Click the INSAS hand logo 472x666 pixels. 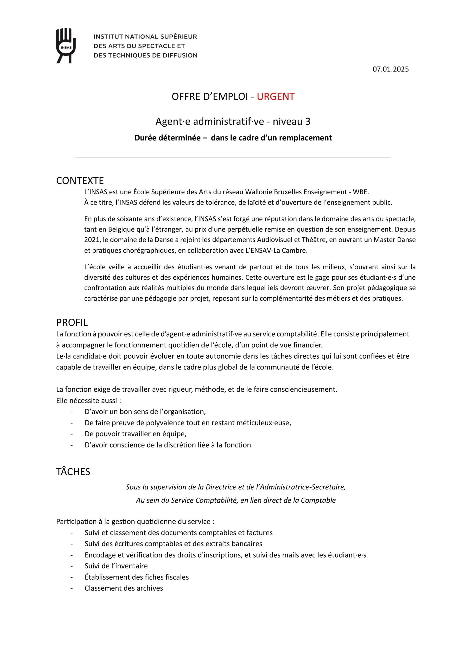[x=66, y=45]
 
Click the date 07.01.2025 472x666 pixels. [x=390, y=69]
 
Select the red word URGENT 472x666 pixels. [x=276, y=97]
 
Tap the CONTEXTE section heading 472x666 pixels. [x=80, y=181]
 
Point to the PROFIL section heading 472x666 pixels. [x=72, y=323]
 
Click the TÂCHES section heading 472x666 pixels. [x=73, y=472]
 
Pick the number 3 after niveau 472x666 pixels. [x=308, y=121]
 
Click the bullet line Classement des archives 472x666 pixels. [x=124, y=588]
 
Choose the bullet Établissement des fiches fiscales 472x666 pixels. [x=137, y=577]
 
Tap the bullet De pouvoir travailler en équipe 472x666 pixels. [x=136, y=434]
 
